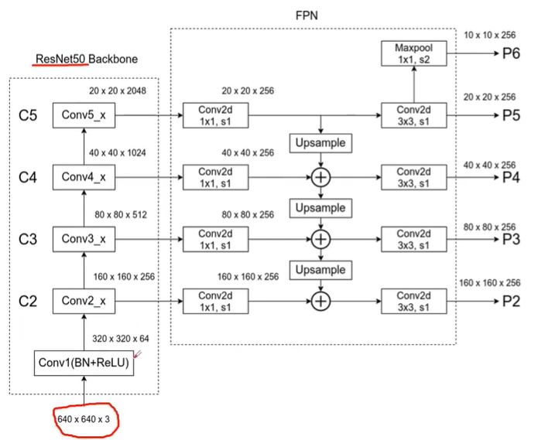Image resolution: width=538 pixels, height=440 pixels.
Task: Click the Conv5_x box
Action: tap(84, 115)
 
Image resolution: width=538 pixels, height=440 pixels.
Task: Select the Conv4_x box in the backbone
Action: tap(84, 177)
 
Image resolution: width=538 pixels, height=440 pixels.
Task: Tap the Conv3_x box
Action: tap(84, 239)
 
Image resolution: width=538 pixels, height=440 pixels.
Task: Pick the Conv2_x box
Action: tap(84, 300)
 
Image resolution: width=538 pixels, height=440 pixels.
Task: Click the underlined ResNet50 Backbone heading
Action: tap(84, 60)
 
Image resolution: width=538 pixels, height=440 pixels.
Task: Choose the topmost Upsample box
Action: tap(320, 144)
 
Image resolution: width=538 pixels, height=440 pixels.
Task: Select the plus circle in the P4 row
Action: tap(320, 177)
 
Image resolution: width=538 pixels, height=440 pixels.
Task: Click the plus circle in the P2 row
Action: tap(320, 301)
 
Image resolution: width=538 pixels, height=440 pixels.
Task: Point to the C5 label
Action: tap(29, 116)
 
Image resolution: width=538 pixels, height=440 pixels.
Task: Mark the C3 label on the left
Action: tap(29, 239)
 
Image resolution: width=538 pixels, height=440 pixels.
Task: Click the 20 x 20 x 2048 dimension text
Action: tap(118, 90)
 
